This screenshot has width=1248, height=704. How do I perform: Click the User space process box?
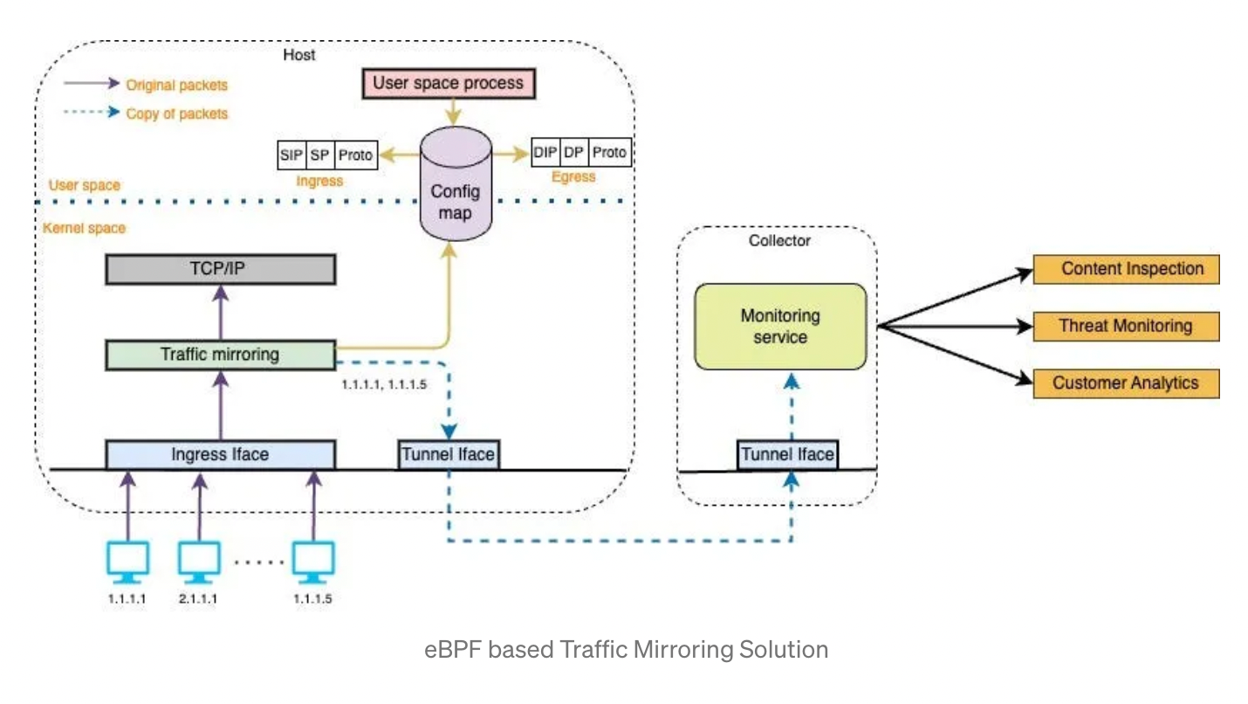[x=449, y=84]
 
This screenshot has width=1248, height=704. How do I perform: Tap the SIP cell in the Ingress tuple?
[x=291, y=155]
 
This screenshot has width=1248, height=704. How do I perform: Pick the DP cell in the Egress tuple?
[x=573, y=153]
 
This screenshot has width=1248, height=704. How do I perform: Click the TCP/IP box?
[x=220, y=270]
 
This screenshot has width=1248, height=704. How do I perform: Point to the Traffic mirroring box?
[x=220, y=355]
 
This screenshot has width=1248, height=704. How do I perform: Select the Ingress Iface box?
[x=220, y=454]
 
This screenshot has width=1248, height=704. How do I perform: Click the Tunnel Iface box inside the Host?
[x=448, y=454]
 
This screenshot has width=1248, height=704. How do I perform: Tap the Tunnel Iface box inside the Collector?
[x=787, y=454]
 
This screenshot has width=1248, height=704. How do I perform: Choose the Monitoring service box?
[x=780, y=326]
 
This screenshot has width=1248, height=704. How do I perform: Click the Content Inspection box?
[x=1126, y=269]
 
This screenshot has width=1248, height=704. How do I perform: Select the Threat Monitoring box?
[x=1126, y=327]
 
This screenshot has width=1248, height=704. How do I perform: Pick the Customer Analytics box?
[x=1126, y=383]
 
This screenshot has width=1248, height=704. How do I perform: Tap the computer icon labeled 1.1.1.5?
[x=312, y=563]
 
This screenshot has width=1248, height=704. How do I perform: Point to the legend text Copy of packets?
[x=177, y=114]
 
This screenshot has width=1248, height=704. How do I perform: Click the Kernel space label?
[x=84, y=228]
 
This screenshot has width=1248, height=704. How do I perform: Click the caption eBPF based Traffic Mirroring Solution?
[x=626, y=650]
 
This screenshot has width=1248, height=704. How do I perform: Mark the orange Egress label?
[x=573, y=176]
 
